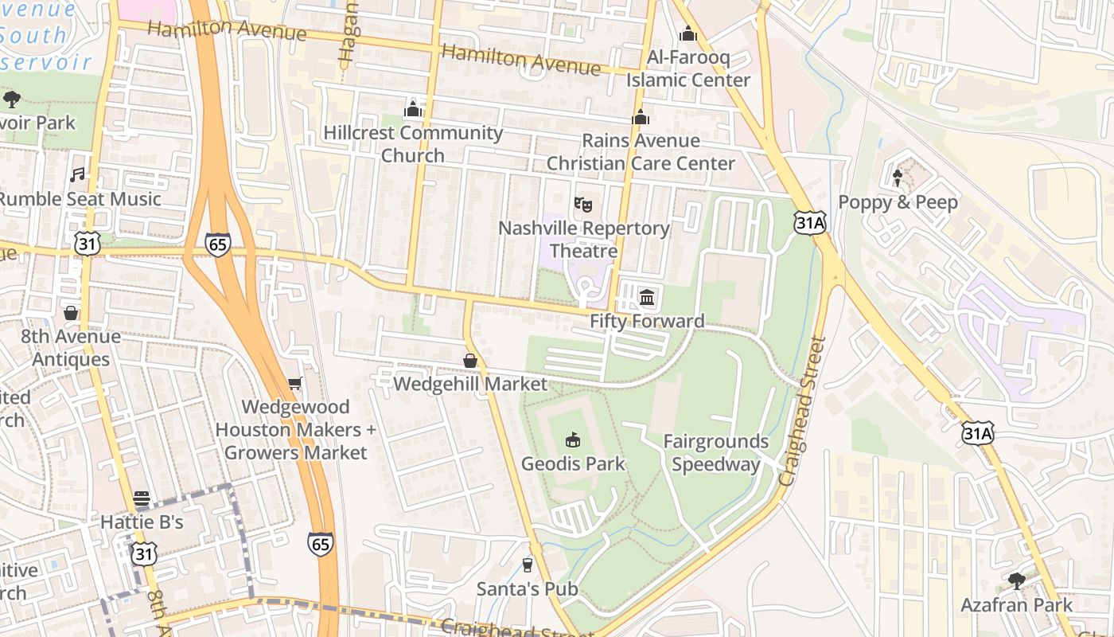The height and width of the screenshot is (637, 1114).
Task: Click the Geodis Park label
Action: coord(573,463)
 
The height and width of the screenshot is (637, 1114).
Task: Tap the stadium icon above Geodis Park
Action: coord(573,440)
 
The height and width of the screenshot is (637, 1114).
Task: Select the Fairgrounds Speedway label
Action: coord(716,453)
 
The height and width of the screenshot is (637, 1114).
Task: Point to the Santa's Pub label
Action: coord(527,589)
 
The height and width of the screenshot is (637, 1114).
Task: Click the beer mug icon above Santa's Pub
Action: coord(527,565)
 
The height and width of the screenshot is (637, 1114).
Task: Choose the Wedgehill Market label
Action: coord(470,384)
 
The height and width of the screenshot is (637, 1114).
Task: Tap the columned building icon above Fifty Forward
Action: coord(647,298)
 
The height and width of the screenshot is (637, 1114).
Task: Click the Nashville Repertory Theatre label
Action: coord(584,240)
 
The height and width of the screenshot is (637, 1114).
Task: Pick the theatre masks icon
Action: coord(583,205)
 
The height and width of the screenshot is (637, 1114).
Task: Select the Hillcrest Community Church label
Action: coord(413,144)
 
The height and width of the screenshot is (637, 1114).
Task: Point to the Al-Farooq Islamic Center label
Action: coord(688,69)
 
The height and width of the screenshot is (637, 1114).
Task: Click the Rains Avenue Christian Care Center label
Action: coord(641,152)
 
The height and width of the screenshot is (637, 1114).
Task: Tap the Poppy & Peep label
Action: coord(898,202)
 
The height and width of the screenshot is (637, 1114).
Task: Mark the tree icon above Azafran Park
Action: coord(1016,581)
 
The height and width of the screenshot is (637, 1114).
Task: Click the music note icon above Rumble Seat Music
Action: coord(77,174)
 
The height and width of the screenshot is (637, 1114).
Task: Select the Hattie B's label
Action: coord(142,522)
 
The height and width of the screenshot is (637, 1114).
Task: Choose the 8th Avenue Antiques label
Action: coord(71,348)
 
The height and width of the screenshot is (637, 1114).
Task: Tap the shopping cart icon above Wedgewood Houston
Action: coord(294,384)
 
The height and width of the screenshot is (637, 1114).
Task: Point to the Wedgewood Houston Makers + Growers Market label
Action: coord(295,430)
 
